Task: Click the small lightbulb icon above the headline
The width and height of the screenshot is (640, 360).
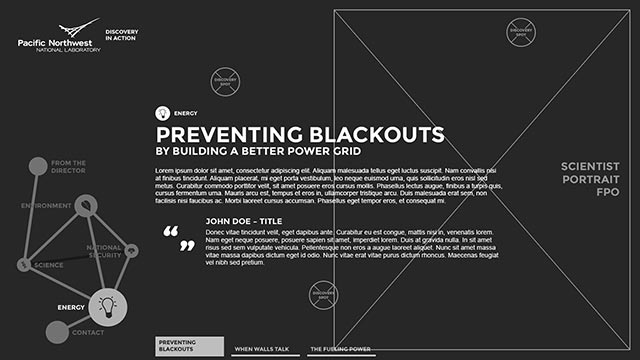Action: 162,114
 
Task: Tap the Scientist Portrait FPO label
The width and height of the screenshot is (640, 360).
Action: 590,178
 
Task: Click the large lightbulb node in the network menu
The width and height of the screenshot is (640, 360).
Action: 108,308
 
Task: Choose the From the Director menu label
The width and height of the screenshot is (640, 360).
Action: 68,167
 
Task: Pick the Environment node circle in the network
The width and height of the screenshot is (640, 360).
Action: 85,206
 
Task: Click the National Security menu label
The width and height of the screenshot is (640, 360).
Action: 104,252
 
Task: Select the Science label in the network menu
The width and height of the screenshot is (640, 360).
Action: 48,265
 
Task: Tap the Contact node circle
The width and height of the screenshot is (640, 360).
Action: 56,331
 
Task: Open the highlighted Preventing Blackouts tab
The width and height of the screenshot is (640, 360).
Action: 188,346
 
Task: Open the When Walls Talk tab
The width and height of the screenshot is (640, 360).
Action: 261,349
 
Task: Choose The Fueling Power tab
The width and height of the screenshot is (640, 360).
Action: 340,349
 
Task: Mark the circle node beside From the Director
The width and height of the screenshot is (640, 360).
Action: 37,166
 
